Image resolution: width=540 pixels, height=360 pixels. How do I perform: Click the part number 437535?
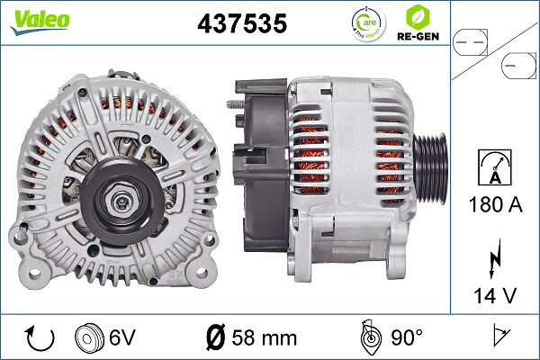[241, 23]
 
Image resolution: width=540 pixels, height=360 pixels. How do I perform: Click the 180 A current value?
[495, 205]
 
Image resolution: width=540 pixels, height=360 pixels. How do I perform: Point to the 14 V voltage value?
[495, 293]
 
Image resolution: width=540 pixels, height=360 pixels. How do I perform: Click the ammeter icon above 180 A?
[495, 169]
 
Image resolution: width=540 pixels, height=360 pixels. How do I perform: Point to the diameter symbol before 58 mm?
[215, 338]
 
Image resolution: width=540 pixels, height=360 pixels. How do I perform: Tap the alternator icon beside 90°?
[369, 337]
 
